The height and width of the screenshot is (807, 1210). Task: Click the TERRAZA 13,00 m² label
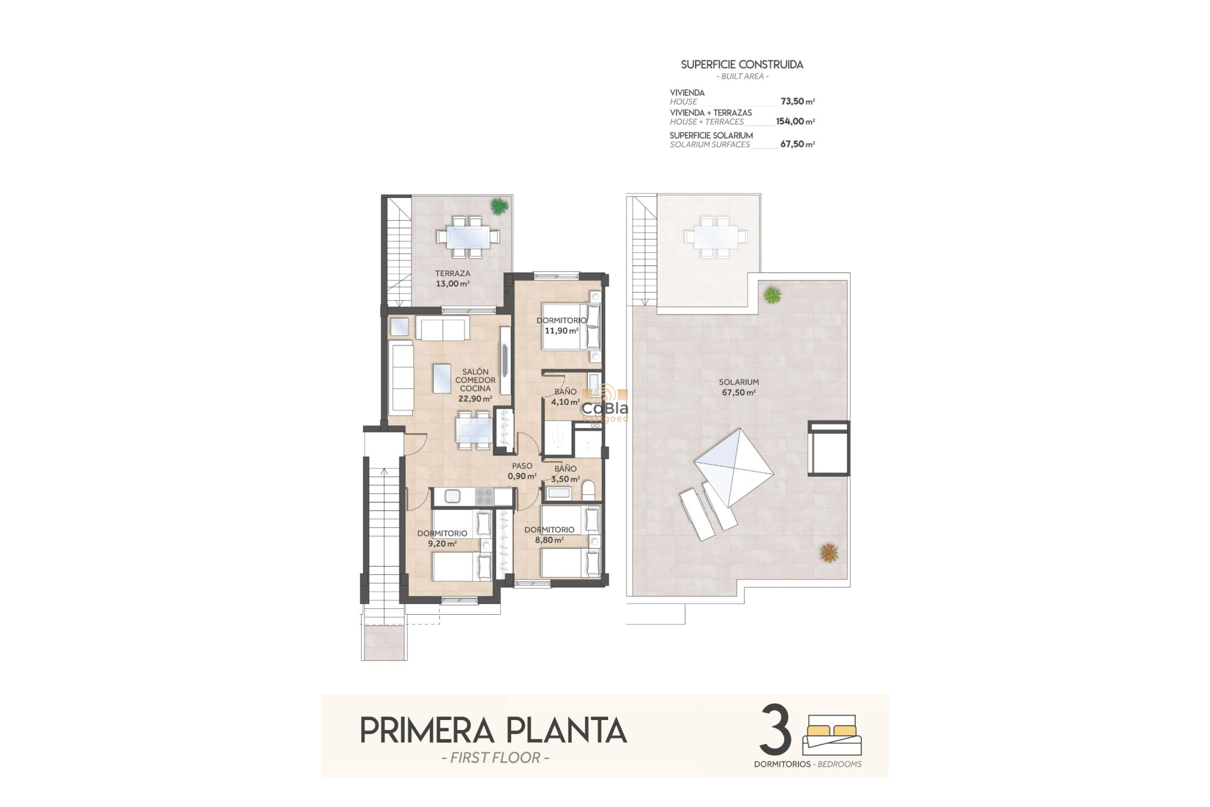point(452,279)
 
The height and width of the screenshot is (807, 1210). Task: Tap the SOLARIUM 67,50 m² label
point(739,387)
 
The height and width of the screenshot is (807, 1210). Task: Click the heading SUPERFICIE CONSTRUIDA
point(742,64)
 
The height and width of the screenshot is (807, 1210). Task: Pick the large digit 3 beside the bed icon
point(775,731)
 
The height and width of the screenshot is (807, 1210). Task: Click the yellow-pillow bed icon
point(831,734)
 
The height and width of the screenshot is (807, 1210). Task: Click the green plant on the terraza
point(499,206)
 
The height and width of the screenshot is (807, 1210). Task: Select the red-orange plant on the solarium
point(829,553)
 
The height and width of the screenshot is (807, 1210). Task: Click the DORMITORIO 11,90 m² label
point(561,325)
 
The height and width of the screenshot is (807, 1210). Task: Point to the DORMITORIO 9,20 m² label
point(442,538)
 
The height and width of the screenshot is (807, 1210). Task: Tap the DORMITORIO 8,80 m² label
point(549,535)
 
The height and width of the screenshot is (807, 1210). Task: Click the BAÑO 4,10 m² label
point(565,397)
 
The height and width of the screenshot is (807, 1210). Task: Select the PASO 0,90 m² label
point(522,471)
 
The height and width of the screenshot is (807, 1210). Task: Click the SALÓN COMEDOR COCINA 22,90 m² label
point(475,385)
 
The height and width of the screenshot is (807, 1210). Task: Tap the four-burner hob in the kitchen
point(484,496)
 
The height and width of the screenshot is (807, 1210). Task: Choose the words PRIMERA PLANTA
point(493,731)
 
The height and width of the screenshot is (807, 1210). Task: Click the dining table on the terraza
point(468,238)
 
